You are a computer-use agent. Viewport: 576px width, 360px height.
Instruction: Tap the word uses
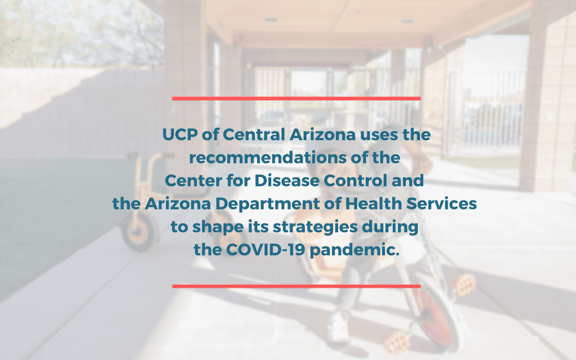point(379,135)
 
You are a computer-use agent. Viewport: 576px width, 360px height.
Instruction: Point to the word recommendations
point(268,158)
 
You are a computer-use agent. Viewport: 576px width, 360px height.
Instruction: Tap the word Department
point(268,204)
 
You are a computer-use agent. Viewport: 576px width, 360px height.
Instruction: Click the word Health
point(373,204)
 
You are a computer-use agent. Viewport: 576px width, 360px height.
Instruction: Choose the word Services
point(441,204)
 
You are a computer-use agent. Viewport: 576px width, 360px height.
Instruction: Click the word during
point(390,227)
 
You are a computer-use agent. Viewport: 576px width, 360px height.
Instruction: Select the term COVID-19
point(265,250)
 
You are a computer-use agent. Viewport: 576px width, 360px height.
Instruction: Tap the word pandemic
point(355,250)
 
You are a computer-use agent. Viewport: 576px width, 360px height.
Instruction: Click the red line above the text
point(296,98)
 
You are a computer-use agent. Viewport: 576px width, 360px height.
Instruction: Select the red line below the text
point(296,286)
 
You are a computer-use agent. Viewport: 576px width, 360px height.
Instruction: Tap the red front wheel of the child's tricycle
point(435,318)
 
